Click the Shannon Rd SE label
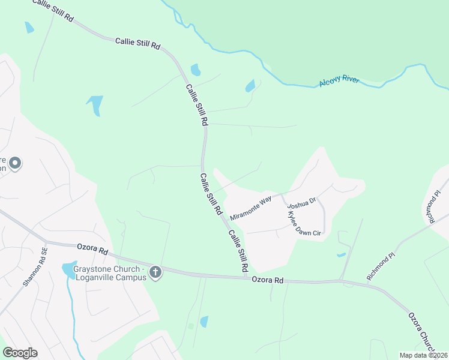point(35,268)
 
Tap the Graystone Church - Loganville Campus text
point(110,273)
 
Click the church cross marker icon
point(155,273)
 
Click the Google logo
point(20,353)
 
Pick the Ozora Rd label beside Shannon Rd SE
point(92,248)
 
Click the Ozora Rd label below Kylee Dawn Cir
point(267,280)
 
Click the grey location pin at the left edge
point(16,163)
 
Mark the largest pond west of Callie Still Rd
point(95,104)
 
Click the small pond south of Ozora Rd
point(204,322)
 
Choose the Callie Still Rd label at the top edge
point(52,10)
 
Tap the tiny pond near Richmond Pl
point(341,255)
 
